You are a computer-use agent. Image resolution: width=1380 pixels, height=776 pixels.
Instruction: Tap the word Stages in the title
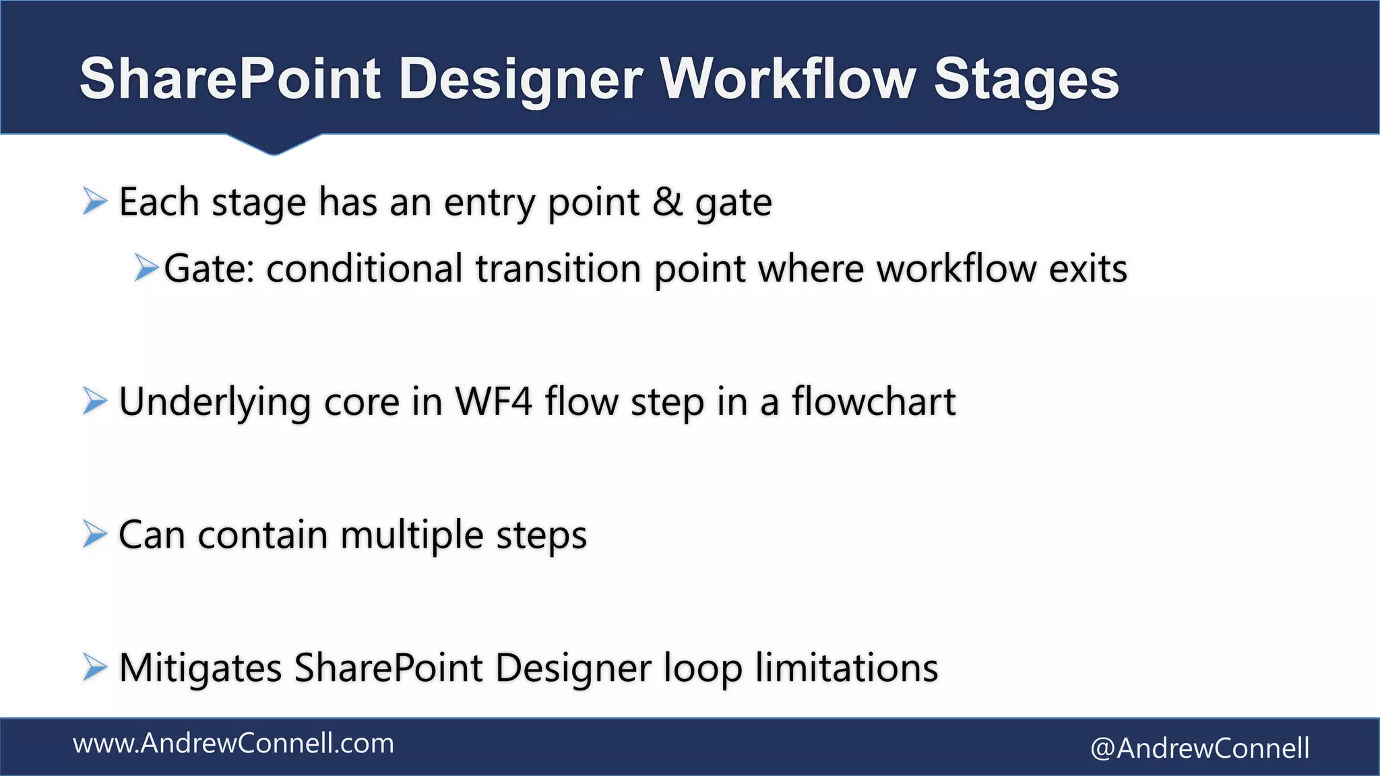click(x=1026, y=79)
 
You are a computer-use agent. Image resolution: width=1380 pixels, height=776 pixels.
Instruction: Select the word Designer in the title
click(x=520, y=79)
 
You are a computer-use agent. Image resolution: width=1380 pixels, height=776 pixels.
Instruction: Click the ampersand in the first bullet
click(x=667, y=201)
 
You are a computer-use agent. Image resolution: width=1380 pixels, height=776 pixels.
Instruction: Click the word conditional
click(x=365, y=268)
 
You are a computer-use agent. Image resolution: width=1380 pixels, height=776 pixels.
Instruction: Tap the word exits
click(x=1088, y=268)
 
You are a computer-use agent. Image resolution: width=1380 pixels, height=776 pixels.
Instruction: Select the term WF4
click(x=494, y=401)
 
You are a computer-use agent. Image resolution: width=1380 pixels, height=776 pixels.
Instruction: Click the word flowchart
click(x=873, y=401)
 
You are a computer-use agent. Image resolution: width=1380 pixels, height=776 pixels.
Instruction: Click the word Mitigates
click(x=200, y=668)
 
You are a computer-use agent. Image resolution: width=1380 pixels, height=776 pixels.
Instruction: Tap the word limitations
click(x=846, y=668)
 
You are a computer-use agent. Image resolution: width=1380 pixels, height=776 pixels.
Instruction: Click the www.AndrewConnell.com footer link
click(x=233, y=744)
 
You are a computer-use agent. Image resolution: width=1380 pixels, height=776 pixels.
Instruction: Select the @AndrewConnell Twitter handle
click(x=1199, y=748)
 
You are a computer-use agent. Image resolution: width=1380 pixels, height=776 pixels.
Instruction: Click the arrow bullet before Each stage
click(x=95, y=201)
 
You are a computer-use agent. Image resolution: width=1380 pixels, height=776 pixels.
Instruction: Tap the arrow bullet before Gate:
click(x=146, y=267)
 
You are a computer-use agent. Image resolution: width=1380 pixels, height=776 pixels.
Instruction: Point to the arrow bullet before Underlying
click(x=95, y=401)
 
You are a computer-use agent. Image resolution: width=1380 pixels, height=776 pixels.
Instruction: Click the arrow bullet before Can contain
click(x=95, y=535)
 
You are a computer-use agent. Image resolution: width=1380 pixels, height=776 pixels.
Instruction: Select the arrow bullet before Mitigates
click(x=95, y=668)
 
